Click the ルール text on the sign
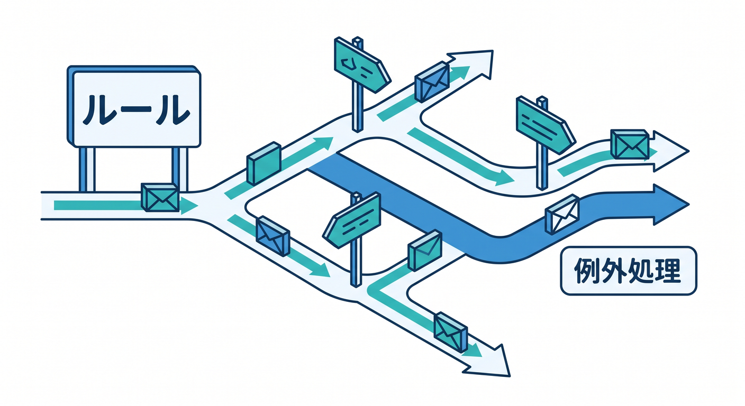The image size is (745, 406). [x=137, y=110]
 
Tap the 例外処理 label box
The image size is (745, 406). [x=628, y=271]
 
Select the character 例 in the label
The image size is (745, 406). [x=587, y=271]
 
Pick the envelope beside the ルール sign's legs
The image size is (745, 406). [x=160, y=197]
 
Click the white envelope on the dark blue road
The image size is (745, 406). [x=562, y=215]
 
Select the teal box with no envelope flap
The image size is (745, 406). [x=264, y=163]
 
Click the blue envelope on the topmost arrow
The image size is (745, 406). [x=432, y=82]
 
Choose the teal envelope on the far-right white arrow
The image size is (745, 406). [x=630, y=144]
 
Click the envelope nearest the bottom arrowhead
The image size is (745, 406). [x=451, y=332]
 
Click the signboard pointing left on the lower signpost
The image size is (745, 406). [x=351, y=220]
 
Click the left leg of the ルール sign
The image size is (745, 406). [x=87, y=170]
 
